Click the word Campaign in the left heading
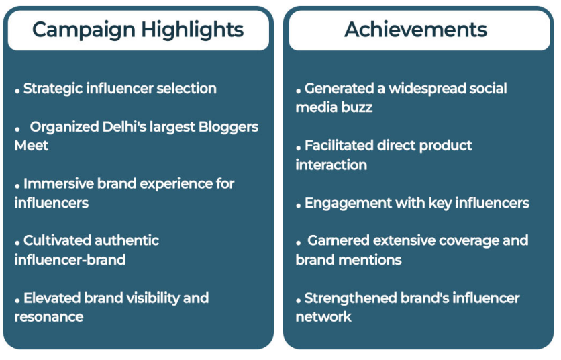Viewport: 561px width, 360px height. [84, 30]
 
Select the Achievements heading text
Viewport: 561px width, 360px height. [416, 30]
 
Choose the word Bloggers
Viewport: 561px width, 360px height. [228, 128]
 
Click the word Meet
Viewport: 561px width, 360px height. [32, 146]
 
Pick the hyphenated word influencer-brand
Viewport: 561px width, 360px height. [70, 260]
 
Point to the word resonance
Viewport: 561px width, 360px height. [49, 318]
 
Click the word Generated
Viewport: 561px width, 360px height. [339, 89]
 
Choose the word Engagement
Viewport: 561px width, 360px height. [348, 204]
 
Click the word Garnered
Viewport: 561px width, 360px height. [338, 240]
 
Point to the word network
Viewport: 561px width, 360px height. [323, 317]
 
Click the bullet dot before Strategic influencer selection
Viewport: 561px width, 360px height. [17, 92]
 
